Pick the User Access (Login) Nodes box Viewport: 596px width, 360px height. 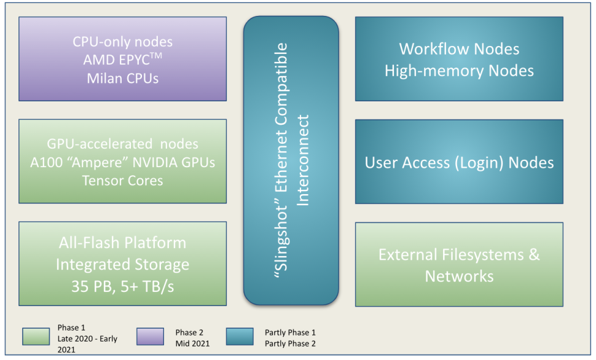[459, 163]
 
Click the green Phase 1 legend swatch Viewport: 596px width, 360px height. [36, 337]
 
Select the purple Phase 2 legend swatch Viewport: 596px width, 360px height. [151, 337]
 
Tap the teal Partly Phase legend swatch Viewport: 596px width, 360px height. [240, 337]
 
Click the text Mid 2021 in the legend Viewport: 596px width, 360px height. [192, 343]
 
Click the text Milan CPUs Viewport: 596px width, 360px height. [123, 79]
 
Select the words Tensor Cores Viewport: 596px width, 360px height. [123, 181]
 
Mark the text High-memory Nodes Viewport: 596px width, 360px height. [459, 71]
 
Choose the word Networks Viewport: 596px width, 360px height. [459, 276]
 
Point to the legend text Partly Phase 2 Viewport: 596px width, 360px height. [291, 343]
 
